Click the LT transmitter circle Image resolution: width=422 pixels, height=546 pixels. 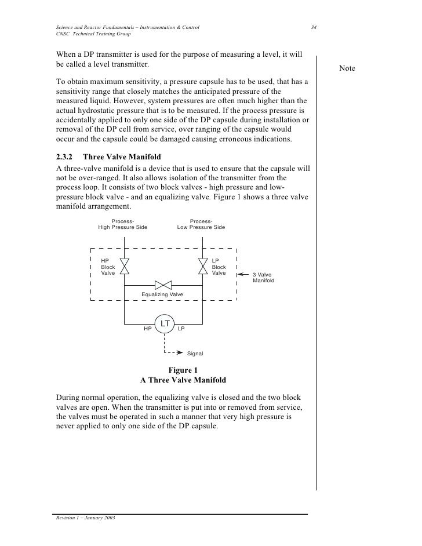click(x=165, y=323)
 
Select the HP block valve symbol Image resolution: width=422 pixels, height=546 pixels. click(x=124, y=266)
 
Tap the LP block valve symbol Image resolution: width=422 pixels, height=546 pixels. click(x=202, y=266)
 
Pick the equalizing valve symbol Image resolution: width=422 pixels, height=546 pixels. click(x=163, y=285)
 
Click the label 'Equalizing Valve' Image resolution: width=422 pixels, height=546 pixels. click(x=162, y=295)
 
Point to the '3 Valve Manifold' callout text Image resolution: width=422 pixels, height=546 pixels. click(x=264, y=278)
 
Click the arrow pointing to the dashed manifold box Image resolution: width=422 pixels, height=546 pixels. click(x=244, y=274)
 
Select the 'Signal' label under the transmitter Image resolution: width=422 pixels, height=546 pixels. click(x=195, y=352)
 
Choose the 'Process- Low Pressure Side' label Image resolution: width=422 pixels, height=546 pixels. click(x=201, y=224)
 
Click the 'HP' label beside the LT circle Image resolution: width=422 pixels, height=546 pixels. click(x=148, y=329)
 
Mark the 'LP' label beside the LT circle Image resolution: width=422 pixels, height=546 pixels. click(x=181, y=329)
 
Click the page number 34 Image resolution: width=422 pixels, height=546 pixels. click(x=314, y=28)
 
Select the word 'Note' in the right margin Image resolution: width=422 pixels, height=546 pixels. click(x=347, y=70)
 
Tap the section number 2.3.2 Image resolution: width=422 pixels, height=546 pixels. click(x=67, y=157)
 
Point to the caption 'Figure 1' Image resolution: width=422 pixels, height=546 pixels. click(x=183, y=370)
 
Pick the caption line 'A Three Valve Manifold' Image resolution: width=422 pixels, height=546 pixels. click(x=183, y=381)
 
